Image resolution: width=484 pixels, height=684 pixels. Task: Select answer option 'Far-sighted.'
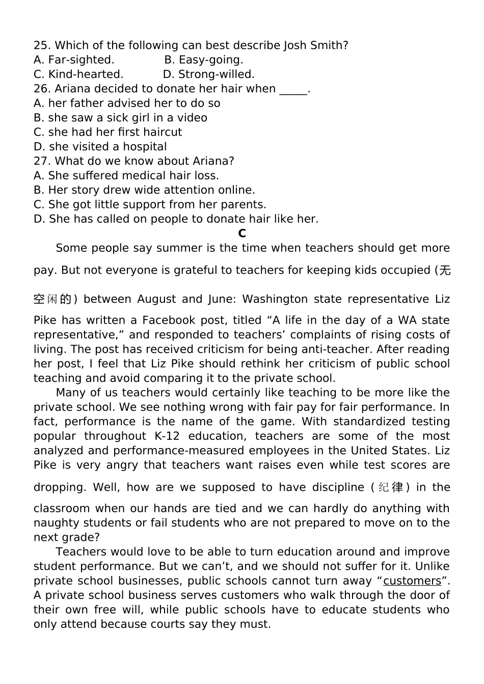coord(80,60)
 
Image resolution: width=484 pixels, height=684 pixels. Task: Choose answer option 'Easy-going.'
coord(211,60)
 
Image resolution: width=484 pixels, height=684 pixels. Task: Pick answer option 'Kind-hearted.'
coord(86,74)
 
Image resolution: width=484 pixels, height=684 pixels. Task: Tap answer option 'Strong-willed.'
coord(216,74)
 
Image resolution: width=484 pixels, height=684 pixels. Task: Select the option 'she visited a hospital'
coord(107,147)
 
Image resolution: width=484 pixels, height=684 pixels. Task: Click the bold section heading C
coord(242,233)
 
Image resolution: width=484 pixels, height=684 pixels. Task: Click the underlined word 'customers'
coord(412,581)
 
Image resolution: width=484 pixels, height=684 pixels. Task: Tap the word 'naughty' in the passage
coord(54,523)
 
